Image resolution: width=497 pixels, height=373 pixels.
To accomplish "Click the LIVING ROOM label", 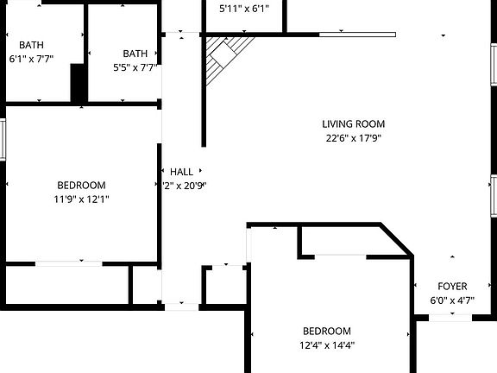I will coord(354,123).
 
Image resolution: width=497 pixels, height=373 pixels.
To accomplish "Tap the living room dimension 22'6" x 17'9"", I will coord(354,137).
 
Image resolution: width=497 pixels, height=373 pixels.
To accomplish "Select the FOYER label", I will coord(452,287).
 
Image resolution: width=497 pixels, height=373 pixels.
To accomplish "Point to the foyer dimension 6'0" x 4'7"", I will coord(452,300).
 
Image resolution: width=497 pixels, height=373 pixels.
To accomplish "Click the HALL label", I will coord(181,172).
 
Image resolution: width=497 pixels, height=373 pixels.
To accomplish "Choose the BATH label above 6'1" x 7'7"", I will coord(31,46).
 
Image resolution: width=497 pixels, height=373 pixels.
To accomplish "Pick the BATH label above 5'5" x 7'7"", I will coord(135,53).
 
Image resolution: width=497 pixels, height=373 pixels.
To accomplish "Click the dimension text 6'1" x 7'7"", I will coord(31,60).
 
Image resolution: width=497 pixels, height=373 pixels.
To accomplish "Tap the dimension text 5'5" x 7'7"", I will coord(135,66).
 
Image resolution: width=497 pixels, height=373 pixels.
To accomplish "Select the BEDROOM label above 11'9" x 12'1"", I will coord(81,185).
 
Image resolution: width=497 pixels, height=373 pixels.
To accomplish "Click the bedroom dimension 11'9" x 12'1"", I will coord(81,199).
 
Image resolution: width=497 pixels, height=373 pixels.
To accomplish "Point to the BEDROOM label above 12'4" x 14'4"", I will coord(326,332).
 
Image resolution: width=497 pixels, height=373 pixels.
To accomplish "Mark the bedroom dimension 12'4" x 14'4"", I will coord(326,345).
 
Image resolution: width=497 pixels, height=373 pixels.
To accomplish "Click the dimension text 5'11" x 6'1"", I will coord(244,9).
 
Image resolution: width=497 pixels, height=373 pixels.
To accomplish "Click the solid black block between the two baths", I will coord(79,83).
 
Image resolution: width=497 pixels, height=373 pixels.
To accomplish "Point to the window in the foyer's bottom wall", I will coord(450,317).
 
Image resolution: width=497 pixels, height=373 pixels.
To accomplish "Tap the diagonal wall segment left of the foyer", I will coord(396,239).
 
